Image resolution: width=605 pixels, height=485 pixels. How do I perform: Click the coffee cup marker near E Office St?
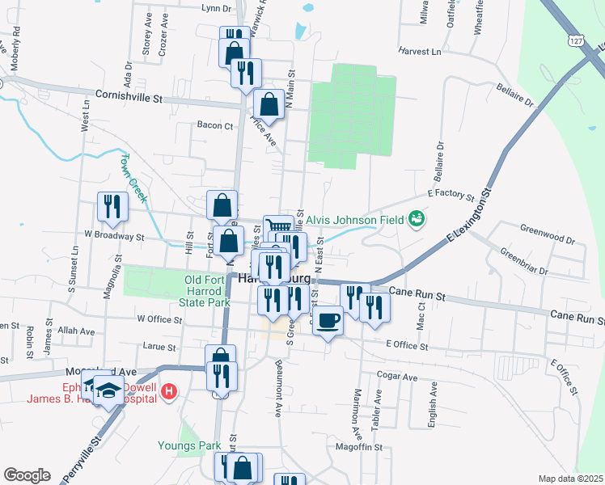tap(328, 321)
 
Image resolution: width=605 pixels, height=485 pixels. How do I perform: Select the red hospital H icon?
tap(169, 392)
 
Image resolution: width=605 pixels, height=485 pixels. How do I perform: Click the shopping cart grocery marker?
tap(278, 229)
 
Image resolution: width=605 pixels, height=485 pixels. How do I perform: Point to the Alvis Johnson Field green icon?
tap(417, 217)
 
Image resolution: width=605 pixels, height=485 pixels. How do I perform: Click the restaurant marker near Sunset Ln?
tap(112, 205)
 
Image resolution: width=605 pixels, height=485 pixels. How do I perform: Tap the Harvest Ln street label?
tap(420, 51)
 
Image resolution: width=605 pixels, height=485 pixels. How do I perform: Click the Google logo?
tap(27, 475)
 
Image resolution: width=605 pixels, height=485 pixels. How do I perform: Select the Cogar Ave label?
tap(398, 377)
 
